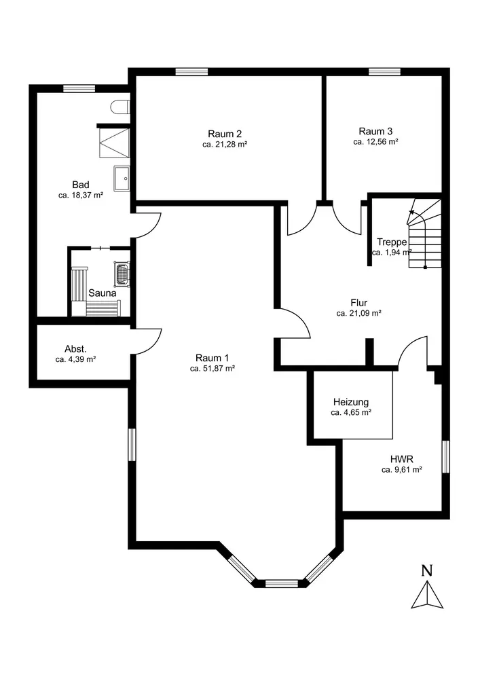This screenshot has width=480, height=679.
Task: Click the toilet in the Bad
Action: coord(120,107)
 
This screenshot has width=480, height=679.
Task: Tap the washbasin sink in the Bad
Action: coord(122,178)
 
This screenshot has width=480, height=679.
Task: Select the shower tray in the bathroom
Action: coord(115,143)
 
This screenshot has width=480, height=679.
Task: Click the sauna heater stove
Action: coord(122,274)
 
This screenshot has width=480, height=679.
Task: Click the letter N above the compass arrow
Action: coord(427,571)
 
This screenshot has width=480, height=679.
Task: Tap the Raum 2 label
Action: coord(225,133)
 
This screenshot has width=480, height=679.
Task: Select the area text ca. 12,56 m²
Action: coord(375,142)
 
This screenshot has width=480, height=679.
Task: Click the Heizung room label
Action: coord(351,402)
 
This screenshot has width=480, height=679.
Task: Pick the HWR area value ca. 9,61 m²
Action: coord(402,469)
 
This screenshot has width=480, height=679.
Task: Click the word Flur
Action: coord(358,303)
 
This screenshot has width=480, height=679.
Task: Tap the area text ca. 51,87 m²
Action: coord(212,369)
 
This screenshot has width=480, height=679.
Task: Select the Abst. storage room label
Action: coord(76,348)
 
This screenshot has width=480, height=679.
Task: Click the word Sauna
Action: coord(103,293)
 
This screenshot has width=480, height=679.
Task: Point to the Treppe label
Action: coord(392,242)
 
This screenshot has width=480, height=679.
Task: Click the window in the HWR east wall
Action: coord(446,457)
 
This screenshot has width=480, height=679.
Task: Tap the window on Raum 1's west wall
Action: coord(132,445)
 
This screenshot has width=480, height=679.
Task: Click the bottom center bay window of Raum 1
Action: coord(281,584)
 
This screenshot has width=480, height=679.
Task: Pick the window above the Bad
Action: coord(79,89)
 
